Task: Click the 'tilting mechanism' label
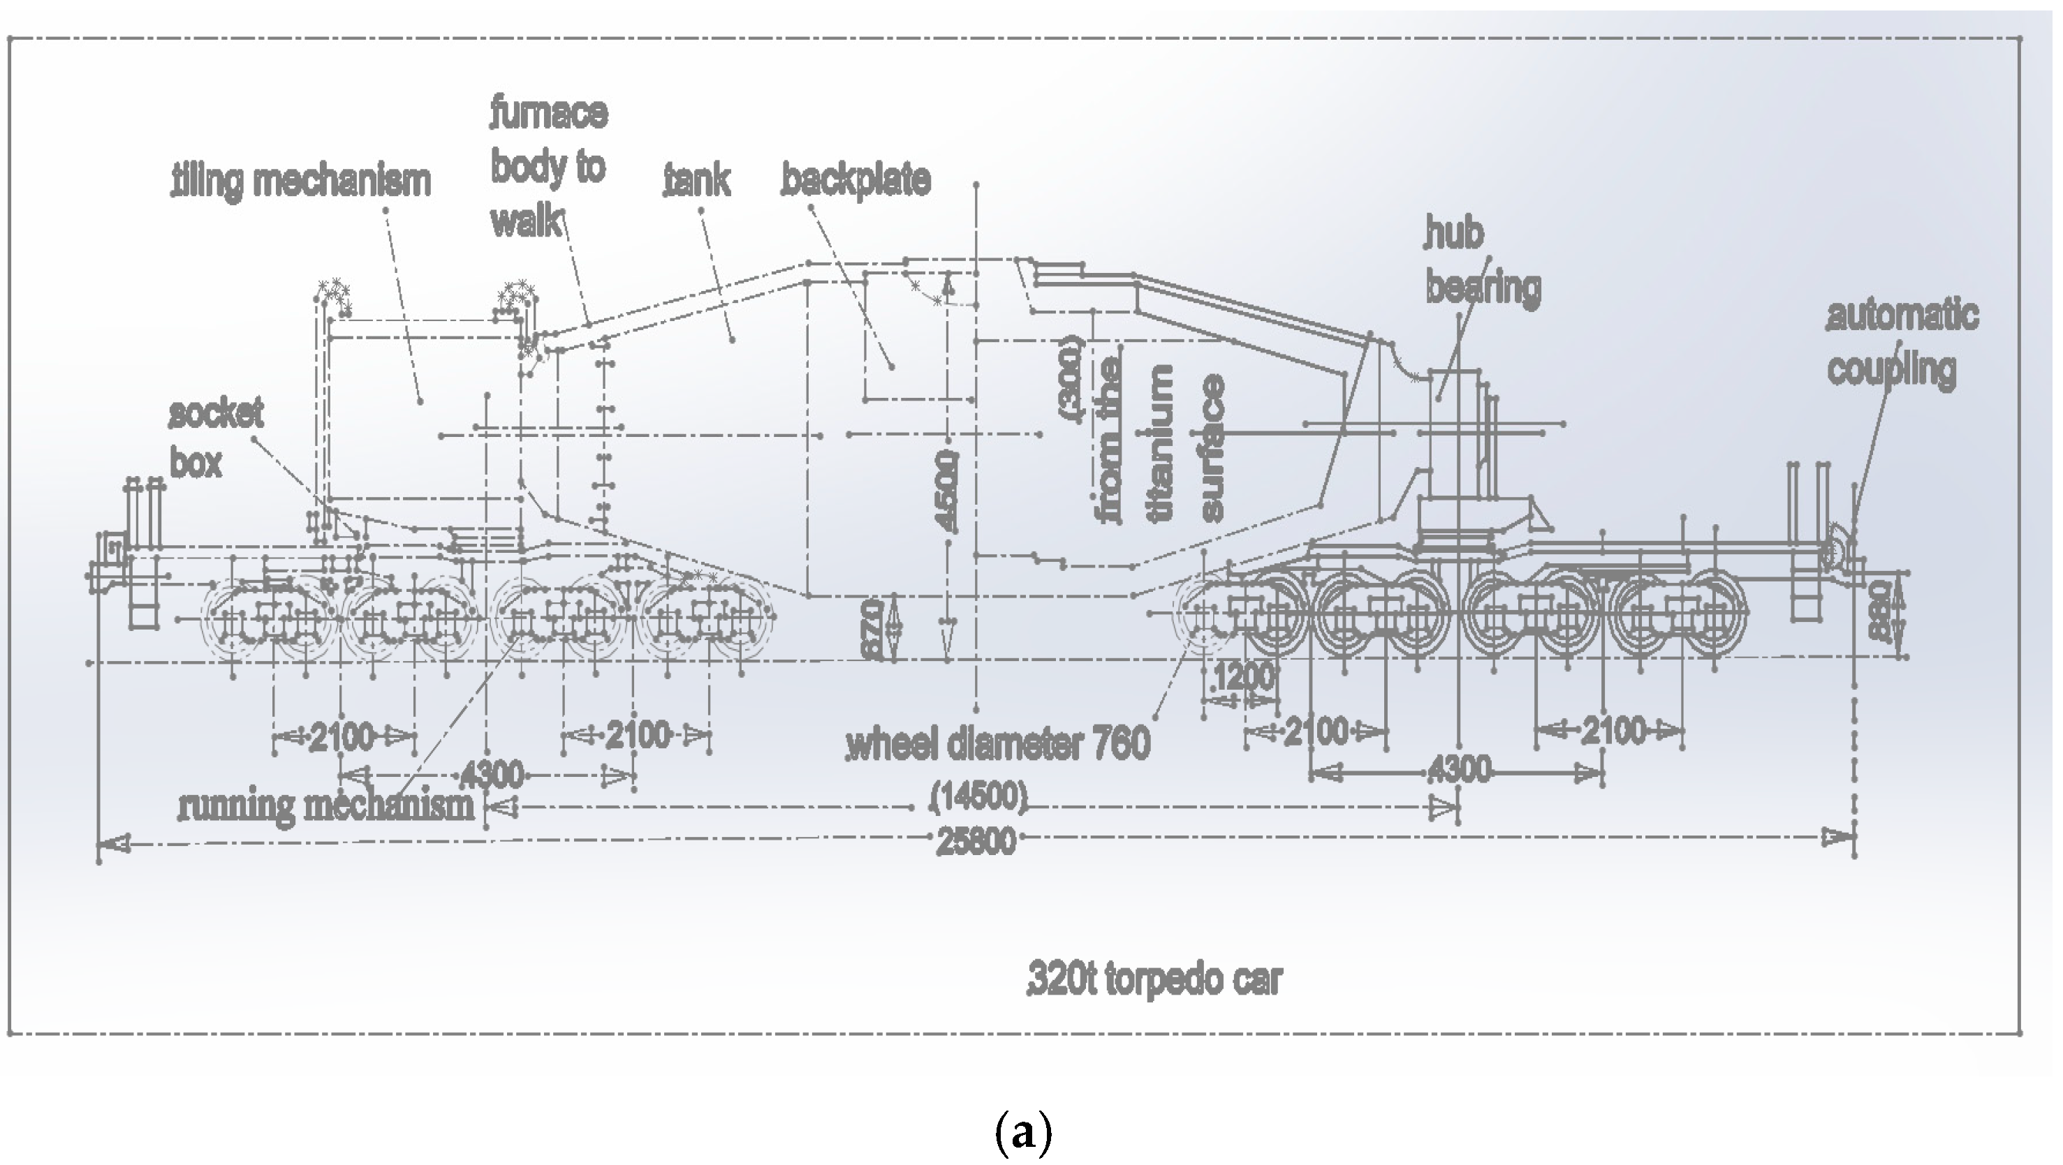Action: [302, 181]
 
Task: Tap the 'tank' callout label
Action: [698, 179]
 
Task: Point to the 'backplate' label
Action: [856, 179]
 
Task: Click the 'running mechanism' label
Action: [327, 806]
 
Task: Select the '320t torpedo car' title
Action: [1154, 980]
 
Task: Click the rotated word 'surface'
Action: [1212, 448]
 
